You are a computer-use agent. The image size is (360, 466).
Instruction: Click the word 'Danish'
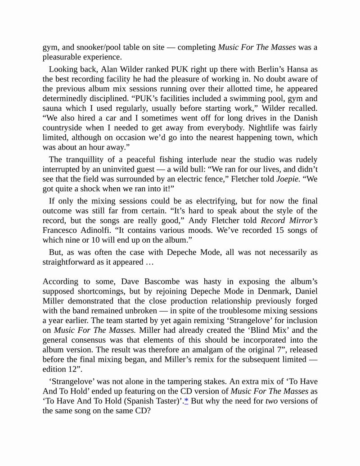(304, 118)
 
